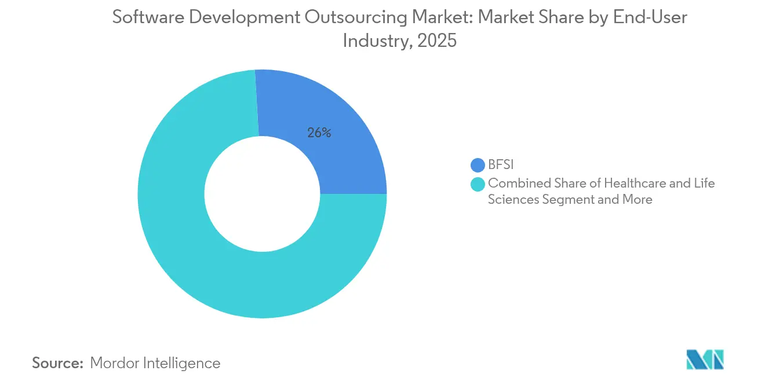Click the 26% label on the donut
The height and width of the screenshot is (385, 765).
pos(319,133)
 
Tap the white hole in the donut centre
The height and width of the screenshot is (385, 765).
pos(262,194)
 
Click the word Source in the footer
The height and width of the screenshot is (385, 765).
pos(57,363)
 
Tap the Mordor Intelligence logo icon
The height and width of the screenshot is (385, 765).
pos(705,360)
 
